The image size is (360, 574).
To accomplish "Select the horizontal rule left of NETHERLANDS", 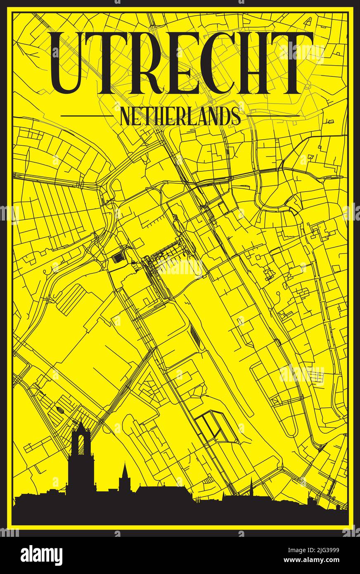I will point(86,116).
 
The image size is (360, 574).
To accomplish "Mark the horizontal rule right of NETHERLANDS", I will point(275,116).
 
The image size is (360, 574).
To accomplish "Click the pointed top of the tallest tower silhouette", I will point(81,422).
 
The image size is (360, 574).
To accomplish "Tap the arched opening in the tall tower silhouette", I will point(81,444).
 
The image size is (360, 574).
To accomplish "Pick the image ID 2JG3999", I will point(317,550).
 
